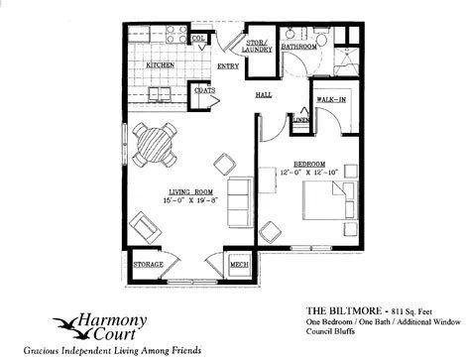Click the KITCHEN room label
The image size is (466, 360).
(x=162, y=65)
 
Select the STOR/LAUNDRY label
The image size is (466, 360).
(x=262, y=45)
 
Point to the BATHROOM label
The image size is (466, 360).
(x=298, y=46)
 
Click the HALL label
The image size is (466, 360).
(x=264, y=95)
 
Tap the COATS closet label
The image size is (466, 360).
(x=205, y=90)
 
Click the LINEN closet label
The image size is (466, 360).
(x=298, y=121)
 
